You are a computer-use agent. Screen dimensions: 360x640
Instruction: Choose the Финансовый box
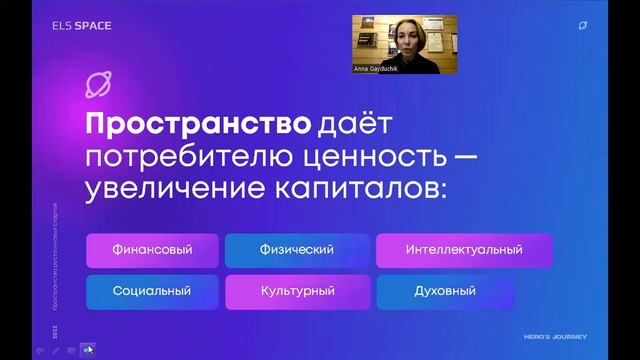click(x=152, y=250)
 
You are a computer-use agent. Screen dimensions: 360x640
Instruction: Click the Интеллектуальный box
click(x=464, y=250)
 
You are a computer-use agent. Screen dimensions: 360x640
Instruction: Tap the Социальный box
click(x=152, y=291)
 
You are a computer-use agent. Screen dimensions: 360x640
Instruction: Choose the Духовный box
click(x=444, y=291)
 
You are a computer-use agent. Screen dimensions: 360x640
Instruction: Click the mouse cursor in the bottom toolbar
click(x=89, y=349)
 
